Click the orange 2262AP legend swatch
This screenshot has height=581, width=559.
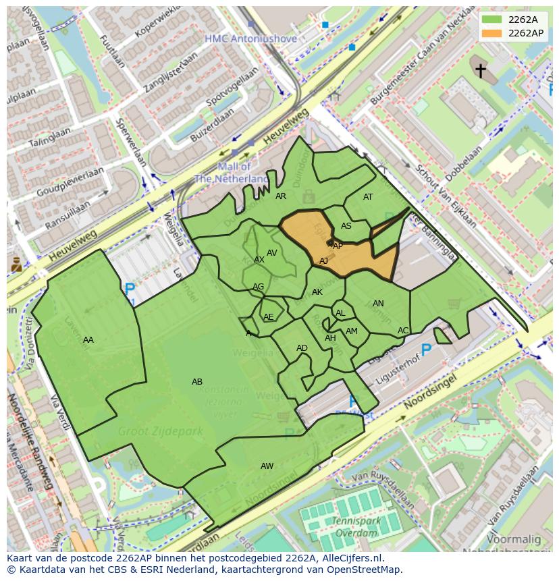(492, 33)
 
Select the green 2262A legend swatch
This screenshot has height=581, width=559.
(492, 20)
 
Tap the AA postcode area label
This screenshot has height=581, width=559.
(88, 340)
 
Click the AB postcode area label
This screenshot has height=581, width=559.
(197, 382)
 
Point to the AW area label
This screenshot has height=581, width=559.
(267, 466)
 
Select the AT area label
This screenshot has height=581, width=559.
(368, 197)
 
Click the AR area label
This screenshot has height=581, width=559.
(281, 196)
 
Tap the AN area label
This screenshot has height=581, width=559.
(378, 304)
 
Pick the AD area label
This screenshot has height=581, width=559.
(302, 348)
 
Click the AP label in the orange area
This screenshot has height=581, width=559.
(338, 246)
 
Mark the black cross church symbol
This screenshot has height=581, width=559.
(480, 70)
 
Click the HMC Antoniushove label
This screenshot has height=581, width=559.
(251, 39)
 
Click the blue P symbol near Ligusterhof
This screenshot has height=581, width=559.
(426, 349)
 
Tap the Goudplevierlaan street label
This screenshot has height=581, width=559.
(70, 182)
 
